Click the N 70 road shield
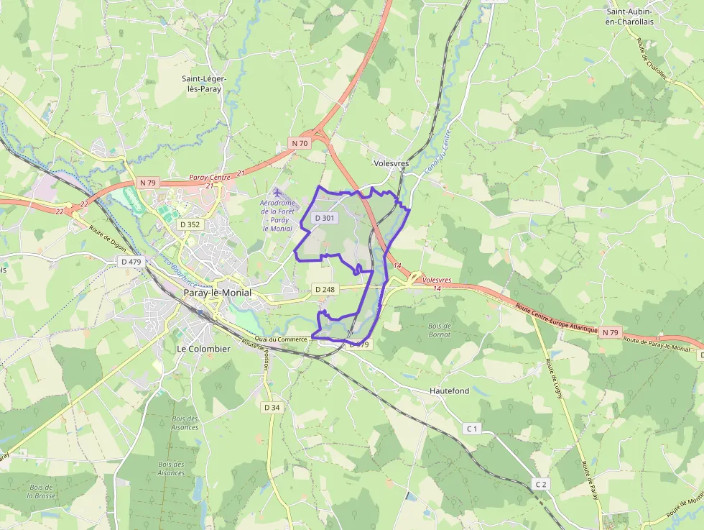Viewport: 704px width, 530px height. coord(300,144)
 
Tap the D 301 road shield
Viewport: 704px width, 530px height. coord(325,218)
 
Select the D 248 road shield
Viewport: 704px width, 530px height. coord(325,289)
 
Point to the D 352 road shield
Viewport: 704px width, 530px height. coord(190,224)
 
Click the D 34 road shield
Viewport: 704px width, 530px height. coord(272,407)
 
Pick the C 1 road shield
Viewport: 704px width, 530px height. coord(472,429)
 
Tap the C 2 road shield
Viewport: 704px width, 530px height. coord(541,484)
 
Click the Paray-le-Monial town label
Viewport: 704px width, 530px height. coord(217,293)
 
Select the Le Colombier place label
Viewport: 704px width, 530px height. coord(203,349)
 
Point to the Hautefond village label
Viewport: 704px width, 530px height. coord(449,390)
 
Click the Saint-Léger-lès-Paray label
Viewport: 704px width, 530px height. coord(203,83)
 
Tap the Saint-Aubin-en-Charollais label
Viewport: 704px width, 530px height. coord(634,17)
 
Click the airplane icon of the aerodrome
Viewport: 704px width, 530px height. coord(278,193)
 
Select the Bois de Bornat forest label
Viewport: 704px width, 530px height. coord(438,330)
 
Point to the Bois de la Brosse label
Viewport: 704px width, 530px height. coord(42,492)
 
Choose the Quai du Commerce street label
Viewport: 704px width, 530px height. coord(281,339)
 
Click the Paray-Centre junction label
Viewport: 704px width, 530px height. coord(208,177)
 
